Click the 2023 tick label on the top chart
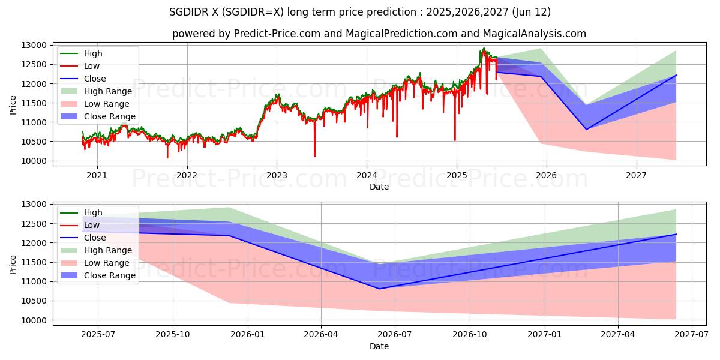277,175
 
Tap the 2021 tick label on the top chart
97,175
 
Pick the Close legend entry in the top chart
95,79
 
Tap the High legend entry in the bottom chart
93,212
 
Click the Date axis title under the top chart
379,187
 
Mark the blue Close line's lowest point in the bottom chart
379,289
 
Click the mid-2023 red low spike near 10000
315,157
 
